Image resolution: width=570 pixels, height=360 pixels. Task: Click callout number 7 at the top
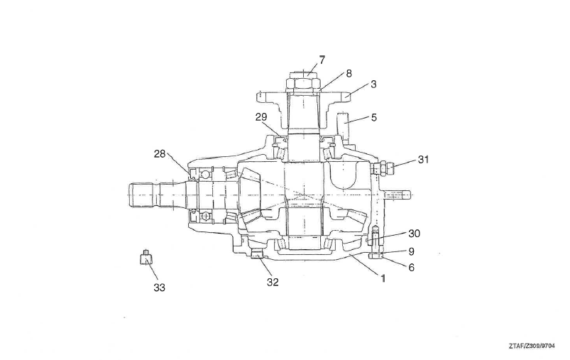(x=322, y=60)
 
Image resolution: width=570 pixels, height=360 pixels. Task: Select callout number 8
(x=349, y=73)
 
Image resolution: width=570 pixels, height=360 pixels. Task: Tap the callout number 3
(x=373, y=84)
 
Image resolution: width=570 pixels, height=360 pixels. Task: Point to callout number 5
(x=373, y=117)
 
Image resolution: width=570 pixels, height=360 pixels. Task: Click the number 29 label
(x=261, y=117)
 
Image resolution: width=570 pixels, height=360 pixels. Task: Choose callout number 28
(x=160, y=154)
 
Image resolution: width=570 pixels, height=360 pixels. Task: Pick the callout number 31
(x=423, y=159)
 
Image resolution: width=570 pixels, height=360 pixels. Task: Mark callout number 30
(x=414, y=234)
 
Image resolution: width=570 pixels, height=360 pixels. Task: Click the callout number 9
(x=411, y=251)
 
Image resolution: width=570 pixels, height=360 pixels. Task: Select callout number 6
(x=411, y=268)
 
